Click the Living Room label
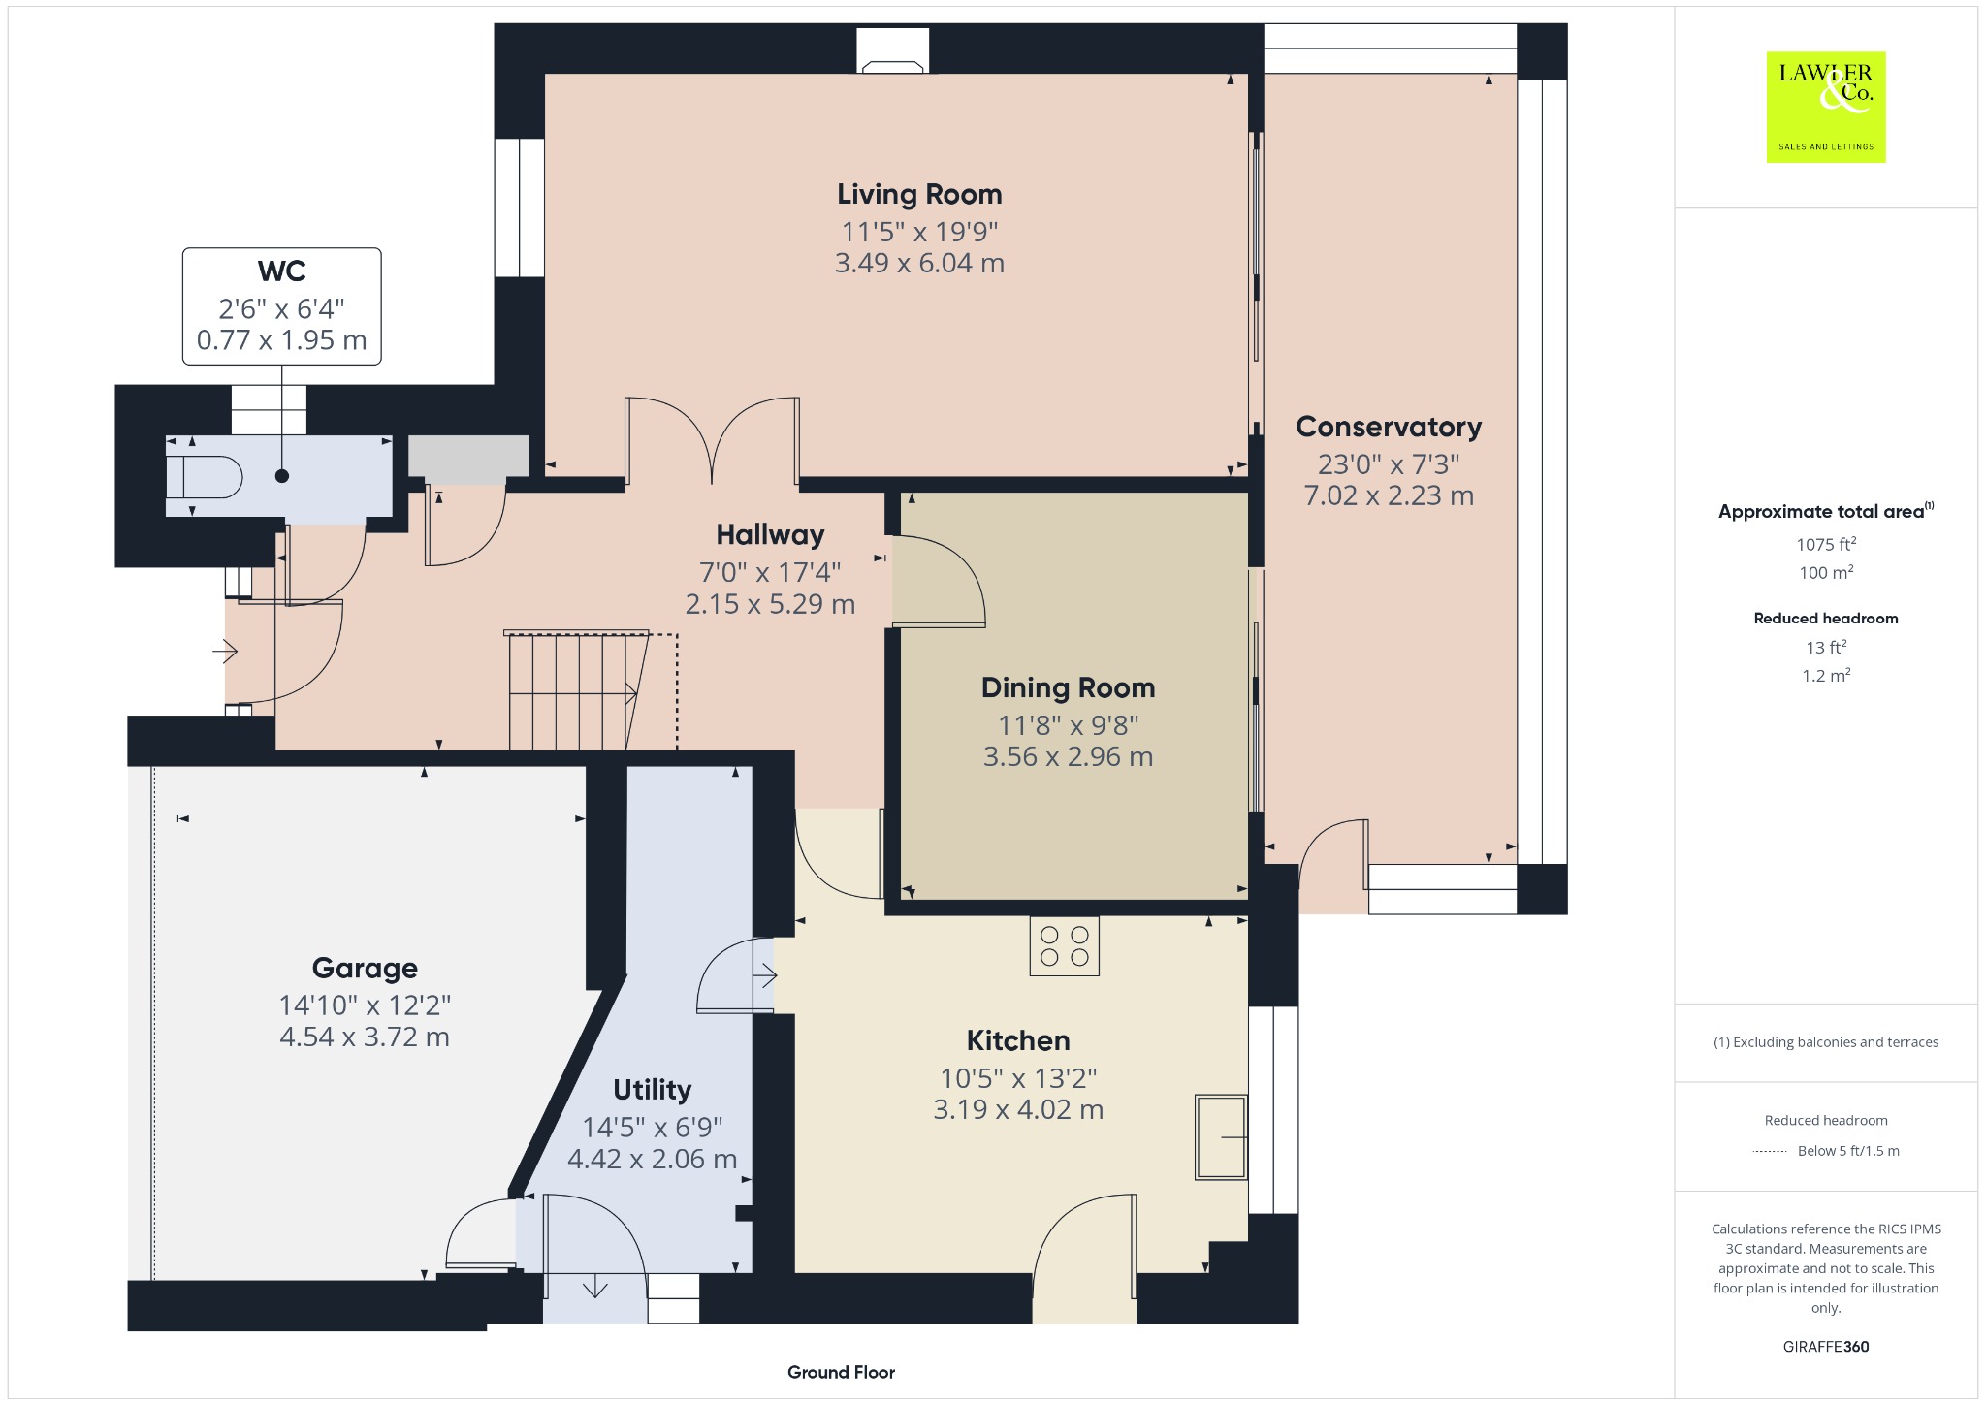919,194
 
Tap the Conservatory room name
1389,427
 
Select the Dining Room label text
1068,687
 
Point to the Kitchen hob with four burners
1064,946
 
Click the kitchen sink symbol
1221,1136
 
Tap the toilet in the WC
204,477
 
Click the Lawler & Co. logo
1826,107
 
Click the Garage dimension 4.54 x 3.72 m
365,1037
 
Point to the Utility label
652,1090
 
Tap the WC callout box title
282,271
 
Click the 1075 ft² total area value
1826,544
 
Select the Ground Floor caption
841,1372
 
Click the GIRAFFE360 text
1826,1347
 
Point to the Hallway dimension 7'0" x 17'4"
770,572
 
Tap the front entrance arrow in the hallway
225,651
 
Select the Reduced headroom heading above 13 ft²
1826,618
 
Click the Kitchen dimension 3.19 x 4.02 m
1018,1109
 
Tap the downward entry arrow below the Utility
594,1288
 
